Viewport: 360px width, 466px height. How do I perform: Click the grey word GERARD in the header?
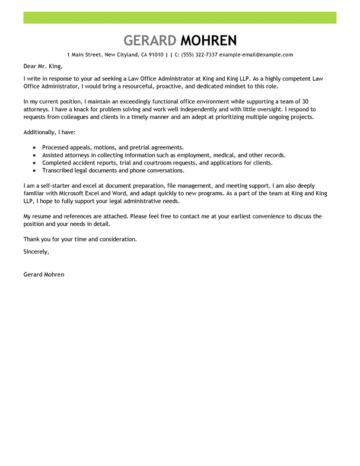(x=150, y=40)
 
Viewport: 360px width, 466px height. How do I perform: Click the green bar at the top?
(x=180, y=17)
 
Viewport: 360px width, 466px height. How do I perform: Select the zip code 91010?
(x=156, y=55)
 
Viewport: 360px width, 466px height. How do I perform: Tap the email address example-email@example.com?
(x=256, y=55)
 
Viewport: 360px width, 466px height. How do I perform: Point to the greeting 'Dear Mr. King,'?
(x=43, y=66)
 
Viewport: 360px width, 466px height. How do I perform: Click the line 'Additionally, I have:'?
(x=49, y=132)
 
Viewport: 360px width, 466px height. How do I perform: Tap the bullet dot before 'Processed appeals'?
(x=34, y=147)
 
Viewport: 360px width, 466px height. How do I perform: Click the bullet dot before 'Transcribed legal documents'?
(x=34, y=170)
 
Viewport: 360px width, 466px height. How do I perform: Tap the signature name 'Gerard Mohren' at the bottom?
(x=44, y=275)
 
